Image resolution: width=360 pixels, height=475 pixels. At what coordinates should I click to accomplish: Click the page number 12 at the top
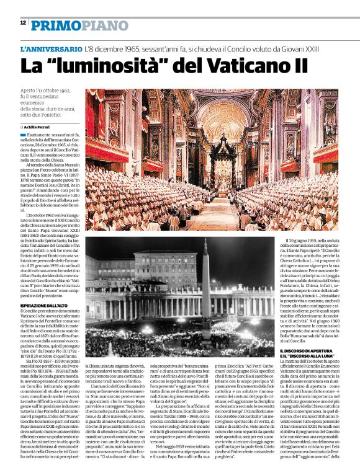click(22, 23)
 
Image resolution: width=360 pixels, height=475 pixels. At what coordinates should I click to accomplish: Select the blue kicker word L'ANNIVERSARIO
click(51, 48)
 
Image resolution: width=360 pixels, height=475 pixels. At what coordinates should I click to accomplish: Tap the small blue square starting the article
click(23, 135)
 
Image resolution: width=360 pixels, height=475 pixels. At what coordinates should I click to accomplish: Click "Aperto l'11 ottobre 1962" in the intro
click(45, 91)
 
